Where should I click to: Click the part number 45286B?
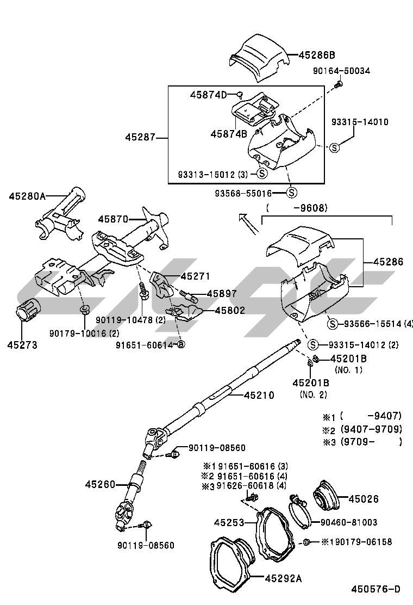point(317,54)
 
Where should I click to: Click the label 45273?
point(22,344)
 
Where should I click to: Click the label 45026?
point(364,498)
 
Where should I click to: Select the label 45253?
point(227,522)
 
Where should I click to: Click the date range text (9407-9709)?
point(371,429)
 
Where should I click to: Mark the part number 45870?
point(113,219)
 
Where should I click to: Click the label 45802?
point(229,311)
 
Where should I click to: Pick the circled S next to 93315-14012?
point(312,344)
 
